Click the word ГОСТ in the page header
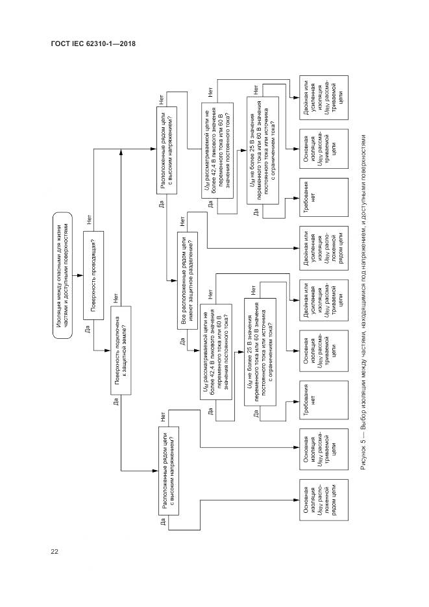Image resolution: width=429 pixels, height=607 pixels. point(60,45)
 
